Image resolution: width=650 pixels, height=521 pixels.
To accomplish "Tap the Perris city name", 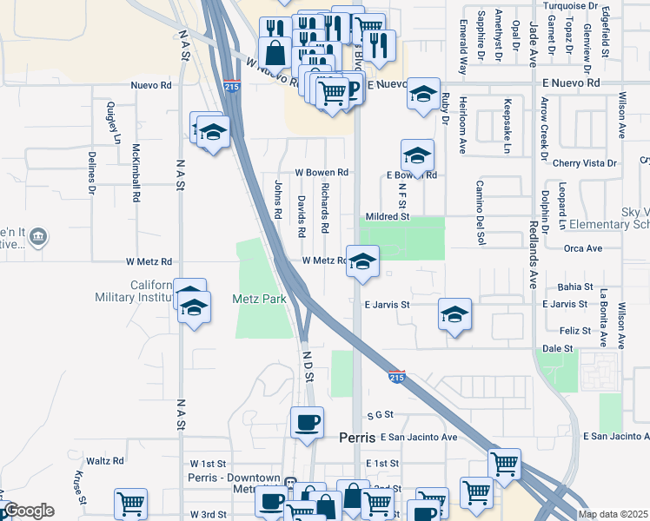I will pos(357,440).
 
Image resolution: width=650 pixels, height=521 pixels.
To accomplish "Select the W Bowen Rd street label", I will pos(322,173).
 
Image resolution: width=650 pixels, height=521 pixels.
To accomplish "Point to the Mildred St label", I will pos(388,216).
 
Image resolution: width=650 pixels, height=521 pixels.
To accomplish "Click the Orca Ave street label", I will pos(583,248).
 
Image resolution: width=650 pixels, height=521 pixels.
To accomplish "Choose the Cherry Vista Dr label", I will pos(584,162).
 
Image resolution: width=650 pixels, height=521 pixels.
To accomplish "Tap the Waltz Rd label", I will pos(106,461).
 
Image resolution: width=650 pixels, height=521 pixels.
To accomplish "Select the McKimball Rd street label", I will pos(136,173).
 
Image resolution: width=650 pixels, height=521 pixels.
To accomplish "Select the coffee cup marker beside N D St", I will pos(306,423).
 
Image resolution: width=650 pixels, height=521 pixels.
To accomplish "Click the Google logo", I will pos(29,511).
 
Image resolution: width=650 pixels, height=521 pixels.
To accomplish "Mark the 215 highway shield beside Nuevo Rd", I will pos(231,87).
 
